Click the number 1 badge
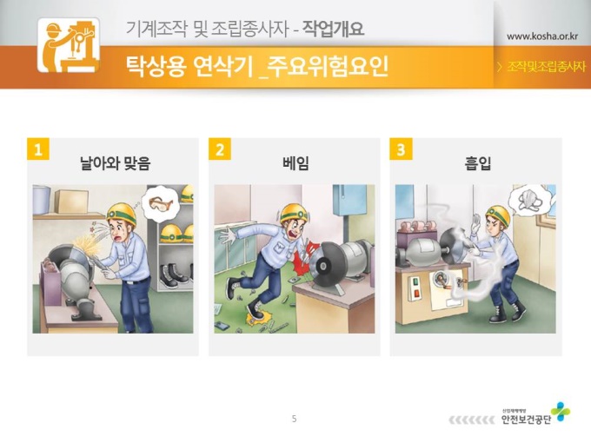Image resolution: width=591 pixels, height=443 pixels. (38, 149)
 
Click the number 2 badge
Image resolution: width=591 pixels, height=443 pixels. (220, 149)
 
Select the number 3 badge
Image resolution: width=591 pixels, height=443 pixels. (401, 149)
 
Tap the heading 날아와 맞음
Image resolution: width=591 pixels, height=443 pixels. (116, 163)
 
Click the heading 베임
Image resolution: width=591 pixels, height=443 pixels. (295, 163)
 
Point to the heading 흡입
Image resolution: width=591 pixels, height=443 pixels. (477, 163)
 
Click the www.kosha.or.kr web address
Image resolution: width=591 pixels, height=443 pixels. (542, 36)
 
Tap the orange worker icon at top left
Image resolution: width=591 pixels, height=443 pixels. (69, 45)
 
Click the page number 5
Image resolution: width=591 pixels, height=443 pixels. (295, 419)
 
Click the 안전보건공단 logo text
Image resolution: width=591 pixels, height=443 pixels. (526, 420)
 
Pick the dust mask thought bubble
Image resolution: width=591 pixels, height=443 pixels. (529, 200)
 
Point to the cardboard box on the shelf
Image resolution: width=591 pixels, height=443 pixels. (71, 202)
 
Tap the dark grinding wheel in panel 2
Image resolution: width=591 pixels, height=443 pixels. (325, 264)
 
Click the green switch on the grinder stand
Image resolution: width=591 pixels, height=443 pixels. (415, 281)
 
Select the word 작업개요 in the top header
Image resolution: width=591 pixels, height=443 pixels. (333, 29)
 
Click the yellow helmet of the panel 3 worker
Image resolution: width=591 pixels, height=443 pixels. (499, 215)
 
